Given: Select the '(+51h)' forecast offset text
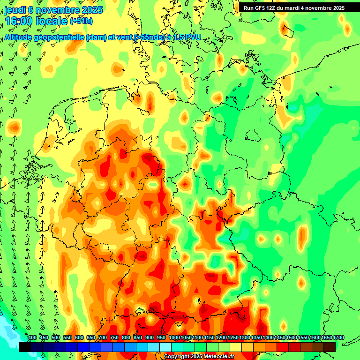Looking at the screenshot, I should (81, 21).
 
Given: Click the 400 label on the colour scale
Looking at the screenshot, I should (32, 338).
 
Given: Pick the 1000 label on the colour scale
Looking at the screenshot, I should (174, 338).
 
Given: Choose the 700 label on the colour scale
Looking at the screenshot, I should (103, 338).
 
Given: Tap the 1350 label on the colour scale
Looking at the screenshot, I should (256, 338).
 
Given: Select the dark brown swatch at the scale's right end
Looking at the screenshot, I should (330, 347).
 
